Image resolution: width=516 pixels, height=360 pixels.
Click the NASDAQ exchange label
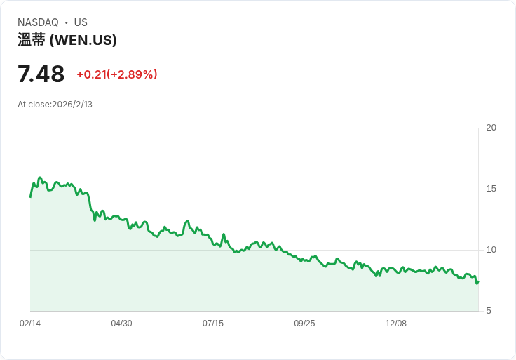click(38, 22)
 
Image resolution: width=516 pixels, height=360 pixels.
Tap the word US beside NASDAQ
click(81, 22)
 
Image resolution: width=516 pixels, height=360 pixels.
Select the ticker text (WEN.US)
click(83, 40)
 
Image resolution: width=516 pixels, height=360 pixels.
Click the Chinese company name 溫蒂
click(32, 40)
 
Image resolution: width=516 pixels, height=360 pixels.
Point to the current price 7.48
click(41, 74)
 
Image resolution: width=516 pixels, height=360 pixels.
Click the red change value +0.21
click(91, 74)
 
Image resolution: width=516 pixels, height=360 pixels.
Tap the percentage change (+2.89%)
click(132, 74)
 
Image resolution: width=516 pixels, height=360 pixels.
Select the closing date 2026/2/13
click(72, 105)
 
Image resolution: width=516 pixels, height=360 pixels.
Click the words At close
click(34, 105)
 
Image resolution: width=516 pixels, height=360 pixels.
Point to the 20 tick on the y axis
click(491, 128)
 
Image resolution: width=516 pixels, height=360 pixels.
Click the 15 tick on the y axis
click(491, 189)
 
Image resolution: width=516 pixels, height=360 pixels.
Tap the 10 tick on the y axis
click(491, 250)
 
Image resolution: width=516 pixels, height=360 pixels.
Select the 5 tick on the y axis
click(489, 311)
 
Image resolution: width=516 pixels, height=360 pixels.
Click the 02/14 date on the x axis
click(30, 324)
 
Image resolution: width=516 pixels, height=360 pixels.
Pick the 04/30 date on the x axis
click(121, 324)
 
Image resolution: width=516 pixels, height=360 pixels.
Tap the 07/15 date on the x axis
click(213, 324)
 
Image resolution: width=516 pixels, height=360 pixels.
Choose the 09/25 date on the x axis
click(304, 324)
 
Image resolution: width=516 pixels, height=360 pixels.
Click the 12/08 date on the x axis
click(396, 324)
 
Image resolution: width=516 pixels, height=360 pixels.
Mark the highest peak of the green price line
click(40, 178)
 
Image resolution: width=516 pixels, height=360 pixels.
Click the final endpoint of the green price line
click(478, 281)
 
